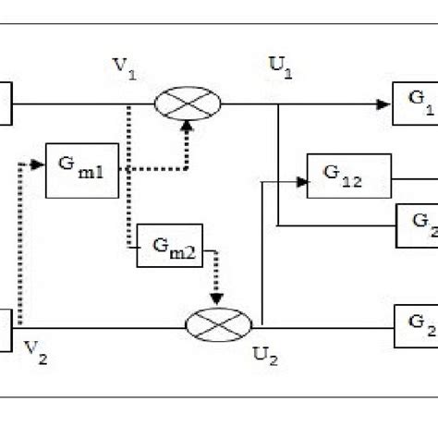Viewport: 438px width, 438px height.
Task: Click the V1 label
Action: [125, 68]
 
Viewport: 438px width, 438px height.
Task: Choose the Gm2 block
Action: [170, 246]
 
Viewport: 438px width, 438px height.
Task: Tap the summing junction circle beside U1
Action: [188, 103]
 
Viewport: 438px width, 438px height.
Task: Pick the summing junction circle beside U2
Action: [218, 325]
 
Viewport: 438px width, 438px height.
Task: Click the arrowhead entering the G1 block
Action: [383, 104]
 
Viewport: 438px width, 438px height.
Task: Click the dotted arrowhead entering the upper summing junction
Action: [188, 127]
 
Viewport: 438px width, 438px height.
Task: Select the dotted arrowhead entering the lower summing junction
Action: [218, 300]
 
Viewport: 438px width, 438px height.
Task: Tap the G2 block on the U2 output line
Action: [416, 325]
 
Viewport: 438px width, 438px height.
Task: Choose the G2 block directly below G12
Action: [417, 225]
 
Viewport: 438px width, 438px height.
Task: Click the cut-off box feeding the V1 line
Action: [6, 103]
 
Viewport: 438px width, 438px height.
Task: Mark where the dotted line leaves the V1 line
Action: [128, 104]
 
